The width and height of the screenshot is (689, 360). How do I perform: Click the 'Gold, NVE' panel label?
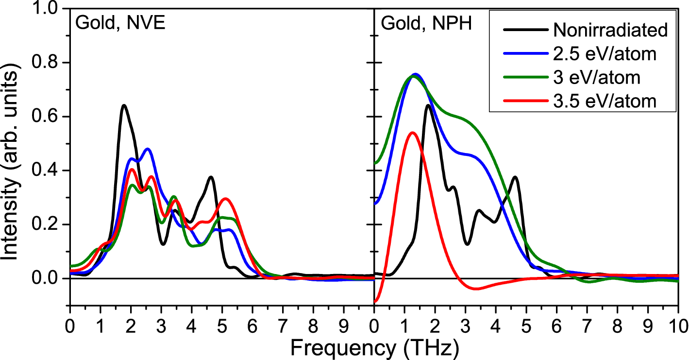click(x=120, y=24)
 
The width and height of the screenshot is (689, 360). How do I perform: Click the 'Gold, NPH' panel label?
click(x=426, y=24)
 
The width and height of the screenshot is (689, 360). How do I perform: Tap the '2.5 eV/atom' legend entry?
click(x=605, y=54)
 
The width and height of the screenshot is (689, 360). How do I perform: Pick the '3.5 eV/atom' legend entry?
click(x=605, y=101)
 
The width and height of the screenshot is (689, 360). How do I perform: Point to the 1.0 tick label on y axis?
click(x=47, y=9)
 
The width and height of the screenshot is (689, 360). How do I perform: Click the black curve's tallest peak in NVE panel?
click(x=124, y=105)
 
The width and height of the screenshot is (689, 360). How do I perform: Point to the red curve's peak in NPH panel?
click(x=412, y=132)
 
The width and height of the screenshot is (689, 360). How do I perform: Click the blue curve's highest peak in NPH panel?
click(x=415, y=74)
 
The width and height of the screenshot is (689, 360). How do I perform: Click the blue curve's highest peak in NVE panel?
click(x=148, y=149)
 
